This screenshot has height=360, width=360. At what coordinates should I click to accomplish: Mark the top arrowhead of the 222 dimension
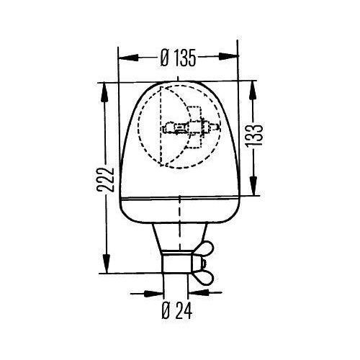tap(107, 86)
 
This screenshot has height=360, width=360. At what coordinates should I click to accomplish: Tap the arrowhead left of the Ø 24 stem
tap(155, 294)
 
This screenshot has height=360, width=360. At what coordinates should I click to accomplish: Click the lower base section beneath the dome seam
tap(173, 210)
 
